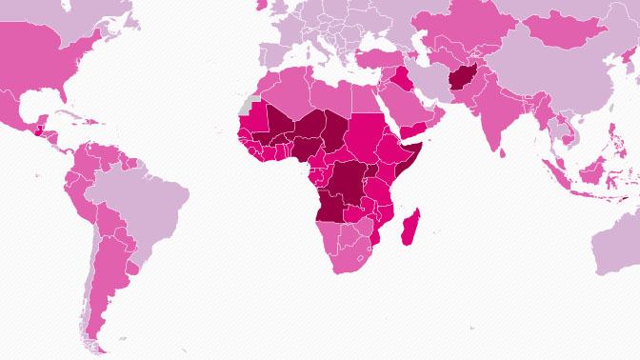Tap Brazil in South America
tap(143, 205)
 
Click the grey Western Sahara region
tap(250, 102)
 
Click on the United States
tap(38, 67)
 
